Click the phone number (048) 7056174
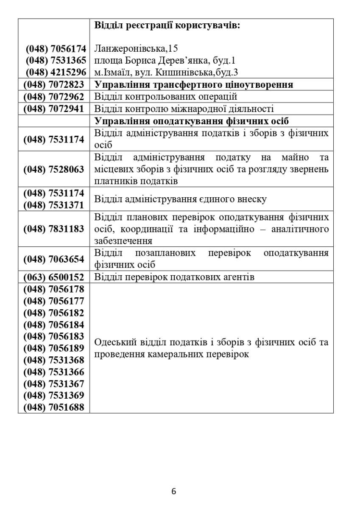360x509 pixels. click(x=56, y=48)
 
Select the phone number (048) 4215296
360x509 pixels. click(x=56, y=72)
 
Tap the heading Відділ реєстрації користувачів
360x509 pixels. click(x=167, y=25)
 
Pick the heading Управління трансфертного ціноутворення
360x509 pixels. click(x=193, y=84)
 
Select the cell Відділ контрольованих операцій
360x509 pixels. click(x=165, y=96)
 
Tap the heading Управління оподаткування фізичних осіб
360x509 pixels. click(x=192, y=120)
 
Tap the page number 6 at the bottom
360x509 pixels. click(x=174, y=492)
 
